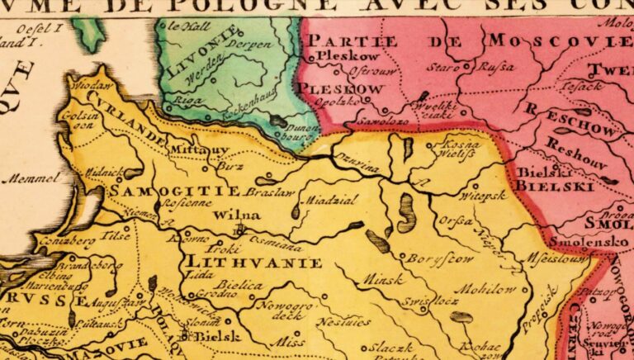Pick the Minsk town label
point(380,278)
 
